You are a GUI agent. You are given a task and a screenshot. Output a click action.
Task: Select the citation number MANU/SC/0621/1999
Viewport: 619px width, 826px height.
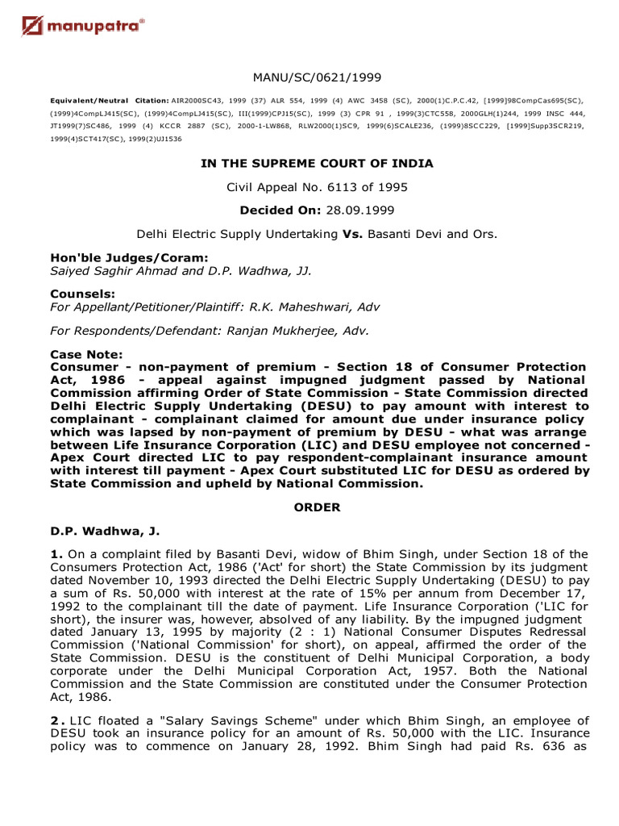316,77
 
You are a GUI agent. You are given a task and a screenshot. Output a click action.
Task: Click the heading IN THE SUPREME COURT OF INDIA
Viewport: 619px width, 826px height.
316,164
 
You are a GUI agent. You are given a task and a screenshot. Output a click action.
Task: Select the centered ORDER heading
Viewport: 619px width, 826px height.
316,507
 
